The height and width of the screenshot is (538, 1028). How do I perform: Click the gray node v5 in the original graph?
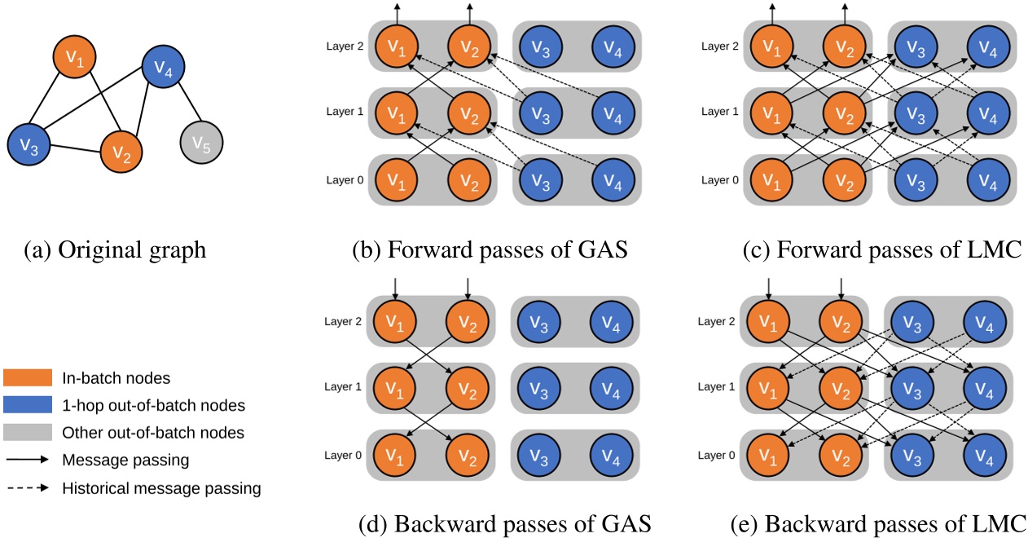pos(201,145)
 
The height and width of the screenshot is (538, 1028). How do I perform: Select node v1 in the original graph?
pos(74,57)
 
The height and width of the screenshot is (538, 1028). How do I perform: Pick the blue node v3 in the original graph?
pos(29,146)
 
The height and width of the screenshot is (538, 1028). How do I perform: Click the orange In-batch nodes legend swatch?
pos(27,377)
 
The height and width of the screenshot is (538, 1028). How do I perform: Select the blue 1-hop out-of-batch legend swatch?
pos(27,405)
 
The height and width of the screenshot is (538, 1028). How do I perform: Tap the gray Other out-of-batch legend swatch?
pos(27,433)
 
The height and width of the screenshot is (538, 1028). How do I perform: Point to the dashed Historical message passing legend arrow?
pos(27,488)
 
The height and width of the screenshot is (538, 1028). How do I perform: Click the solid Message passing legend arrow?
pos(27,461)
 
